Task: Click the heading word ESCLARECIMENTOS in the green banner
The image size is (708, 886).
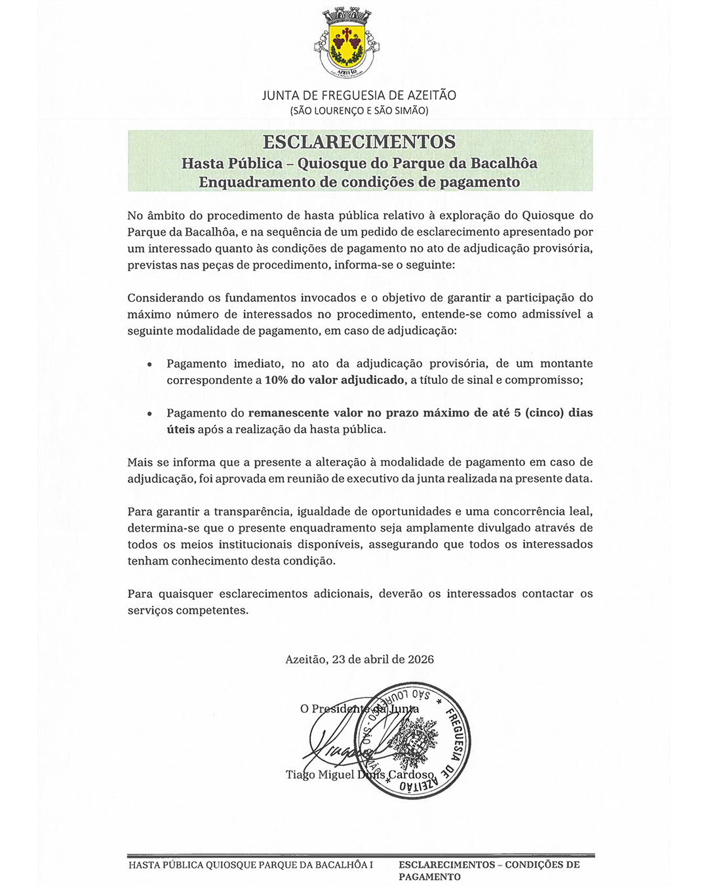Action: click(359, 142)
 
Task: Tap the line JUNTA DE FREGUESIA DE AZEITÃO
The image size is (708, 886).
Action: click(359, 95)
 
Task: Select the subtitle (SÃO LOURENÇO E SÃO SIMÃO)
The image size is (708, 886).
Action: click(359, 111)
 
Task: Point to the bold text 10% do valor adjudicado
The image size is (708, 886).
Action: click(334, 380)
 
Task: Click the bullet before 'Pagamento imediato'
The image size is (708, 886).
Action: click(150, 364)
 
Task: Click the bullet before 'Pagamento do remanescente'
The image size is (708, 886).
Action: click(150, 413)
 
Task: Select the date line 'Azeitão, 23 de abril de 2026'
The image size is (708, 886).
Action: click(359, 660)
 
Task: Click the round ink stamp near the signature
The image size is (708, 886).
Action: click(412, 740)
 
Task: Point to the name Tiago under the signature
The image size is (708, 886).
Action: click(300, 775)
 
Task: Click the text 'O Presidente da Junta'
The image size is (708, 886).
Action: click(359, 709)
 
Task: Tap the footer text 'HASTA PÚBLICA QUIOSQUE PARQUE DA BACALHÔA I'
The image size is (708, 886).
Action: click(250, 865)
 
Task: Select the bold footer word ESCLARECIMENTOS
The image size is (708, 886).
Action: click(446, 865)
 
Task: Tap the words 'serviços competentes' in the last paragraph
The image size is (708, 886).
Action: click(188, 610)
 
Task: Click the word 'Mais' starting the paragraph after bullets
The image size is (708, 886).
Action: click(140, 463)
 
